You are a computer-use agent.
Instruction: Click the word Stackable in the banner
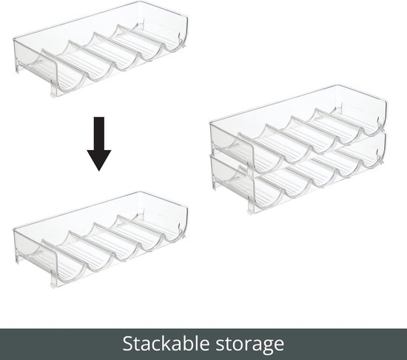(x=166, y=344)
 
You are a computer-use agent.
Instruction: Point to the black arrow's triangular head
(x=99, y=160)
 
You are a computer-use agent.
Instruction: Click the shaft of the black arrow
(x=99, y=134)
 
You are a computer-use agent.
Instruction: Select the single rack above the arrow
(x=101, y=50)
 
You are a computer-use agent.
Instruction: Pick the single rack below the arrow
(x=101, y=240)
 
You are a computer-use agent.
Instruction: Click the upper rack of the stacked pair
(x=298, y=129)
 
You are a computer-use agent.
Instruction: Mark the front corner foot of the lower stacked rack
(x=252, y=208)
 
